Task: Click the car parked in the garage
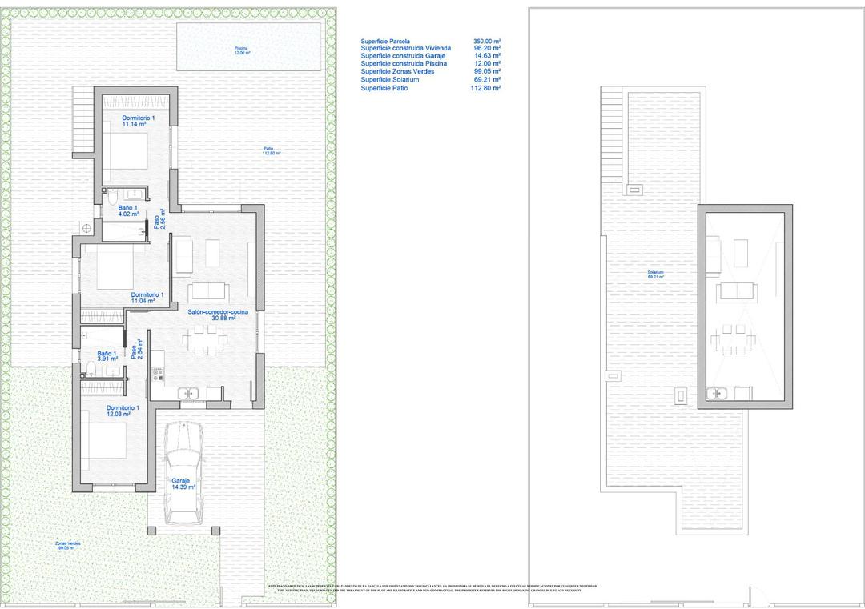[x=183, y=468]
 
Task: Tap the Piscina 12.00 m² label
[x=242, y=50]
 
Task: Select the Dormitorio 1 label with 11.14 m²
[x=134, y=122]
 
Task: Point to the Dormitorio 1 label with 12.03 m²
[x=123, y=411]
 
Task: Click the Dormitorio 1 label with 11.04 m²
[x=147, y=298]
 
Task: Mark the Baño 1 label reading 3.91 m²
[x=107, y=356]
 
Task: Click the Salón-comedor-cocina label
[x=218, y=315]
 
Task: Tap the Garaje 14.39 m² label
[x=183, y=483]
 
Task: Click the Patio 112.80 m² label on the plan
[x=272, y=150]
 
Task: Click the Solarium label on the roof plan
[x=656, y=274]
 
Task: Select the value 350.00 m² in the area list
[x=487, y=41]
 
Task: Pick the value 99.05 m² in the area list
[x=488, y=72]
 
